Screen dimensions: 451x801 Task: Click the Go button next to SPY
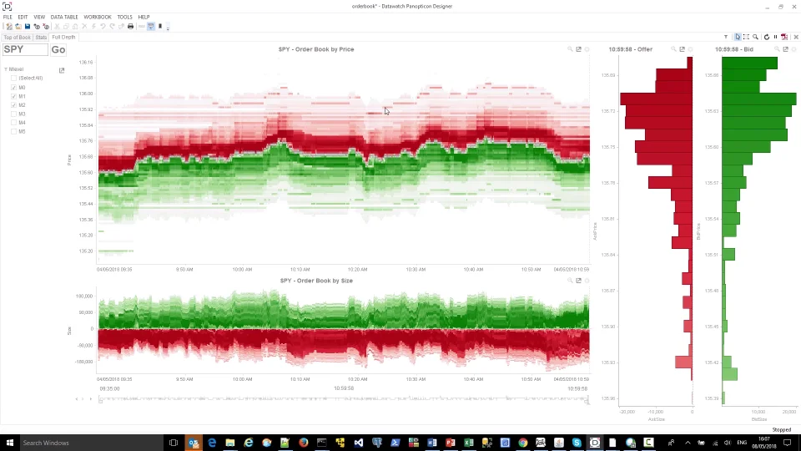click(58, 50)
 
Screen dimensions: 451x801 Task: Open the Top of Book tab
click(17, 38)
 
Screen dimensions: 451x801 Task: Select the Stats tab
click(41, 38)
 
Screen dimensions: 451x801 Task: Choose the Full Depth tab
click(63, 38)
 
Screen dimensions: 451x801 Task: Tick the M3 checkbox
click(13, 114)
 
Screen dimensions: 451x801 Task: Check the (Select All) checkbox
click(13, 79)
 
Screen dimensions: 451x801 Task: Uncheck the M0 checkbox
click(13, 88)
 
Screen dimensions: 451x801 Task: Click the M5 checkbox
click(13, 131)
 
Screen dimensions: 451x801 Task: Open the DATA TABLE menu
click(64, 17)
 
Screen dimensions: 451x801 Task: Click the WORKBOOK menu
click(98, 17)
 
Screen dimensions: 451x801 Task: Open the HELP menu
click(144, 17)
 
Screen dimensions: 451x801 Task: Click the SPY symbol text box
click(25, 50)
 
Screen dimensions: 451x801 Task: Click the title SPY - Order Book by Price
click(316, 49)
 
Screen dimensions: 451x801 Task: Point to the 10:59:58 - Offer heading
click(631, 49)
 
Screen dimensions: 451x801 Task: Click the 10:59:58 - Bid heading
click(734, 49)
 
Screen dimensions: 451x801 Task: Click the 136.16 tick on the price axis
click(86, 63)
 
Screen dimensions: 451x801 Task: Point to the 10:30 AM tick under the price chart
click(416, 270)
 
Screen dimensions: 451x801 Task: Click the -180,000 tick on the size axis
click(84, 362)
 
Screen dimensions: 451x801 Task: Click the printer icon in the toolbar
click(130, 27)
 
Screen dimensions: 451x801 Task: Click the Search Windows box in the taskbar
click(83, 443)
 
